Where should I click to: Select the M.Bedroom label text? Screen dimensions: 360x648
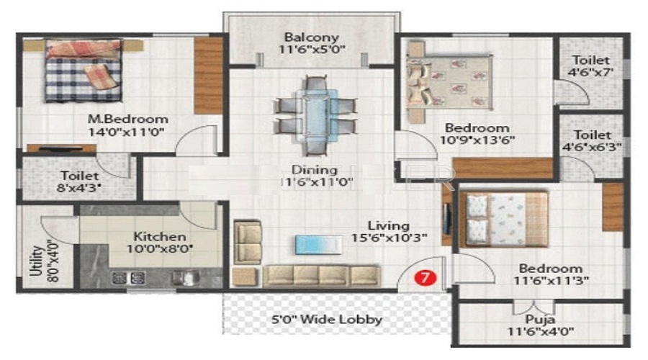click(x=127, y=119)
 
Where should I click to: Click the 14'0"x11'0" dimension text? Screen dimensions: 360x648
click(x=127, y=132)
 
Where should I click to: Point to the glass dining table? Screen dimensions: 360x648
click(x=314, y=114)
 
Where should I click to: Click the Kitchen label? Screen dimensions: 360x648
click(x=159, y=236)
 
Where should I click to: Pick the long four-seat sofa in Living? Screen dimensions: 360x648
click(x=321, y=275)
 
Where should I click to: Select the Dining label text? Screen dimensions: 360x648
click(x=315, y=170)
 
